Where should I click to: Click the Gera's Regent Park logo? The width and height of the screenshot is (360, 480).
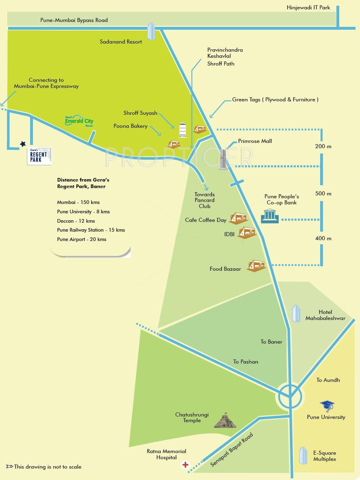pyautogui.click(x=39, y=156)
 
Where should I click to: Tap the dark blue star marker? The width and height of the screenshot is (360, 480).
pyautogui.click(x=23, y=144)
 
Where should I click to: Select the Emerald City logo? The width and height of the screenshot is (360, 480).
pyautogui.click(x=79, y=121)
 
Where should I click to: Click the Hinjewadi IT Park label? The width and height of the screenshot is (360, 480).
pyautogui.click(x=308, y=7)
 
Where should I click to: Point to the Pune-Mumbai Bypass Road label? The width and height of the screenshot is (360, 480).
pyautogui.click(x=74, y=20)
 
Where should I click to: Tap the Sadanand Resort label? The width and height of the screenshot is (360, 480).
pyautogui.click(x=121, y=42)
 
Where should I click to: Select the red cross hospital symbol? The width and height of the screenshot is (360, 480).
pyautogui.click(x=185, y=465)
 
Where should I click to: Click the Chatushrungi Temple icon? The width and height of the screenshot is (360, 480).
pyautogui.click(x=225, y=420)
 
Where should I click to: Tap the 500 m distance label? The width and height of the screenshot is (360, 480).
pyautogui.click(x=323, y=193)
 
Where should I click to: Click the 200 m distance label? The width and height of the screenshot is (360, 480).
pyautogui.click(x=323, y=146)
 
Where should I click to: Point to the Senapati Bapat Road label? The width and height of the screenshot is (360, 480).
pyautogui.click(x=232, y=449)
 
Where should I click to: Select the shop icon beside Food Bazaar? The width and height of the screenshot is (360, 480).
pyautogui.click(x=256, y=266)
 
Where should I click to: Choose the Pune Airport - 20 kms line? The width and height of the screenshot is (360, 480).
pyautogui.click(x=82, y=239)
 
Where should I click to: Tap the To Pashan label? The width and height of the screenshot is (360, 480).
pyautogui.click(x=246, y=362)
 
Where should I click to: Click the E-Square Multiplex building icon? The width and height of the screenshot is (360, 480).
pyautogui.click(x=303, y=456)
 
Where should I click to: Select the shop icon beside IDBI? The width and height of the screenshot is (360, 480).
pyautogui.click(x=247, y=232)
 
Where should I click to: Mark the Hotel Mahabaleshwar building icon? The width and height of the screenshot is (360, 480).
pyautogui.click(x=296, y=313)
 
